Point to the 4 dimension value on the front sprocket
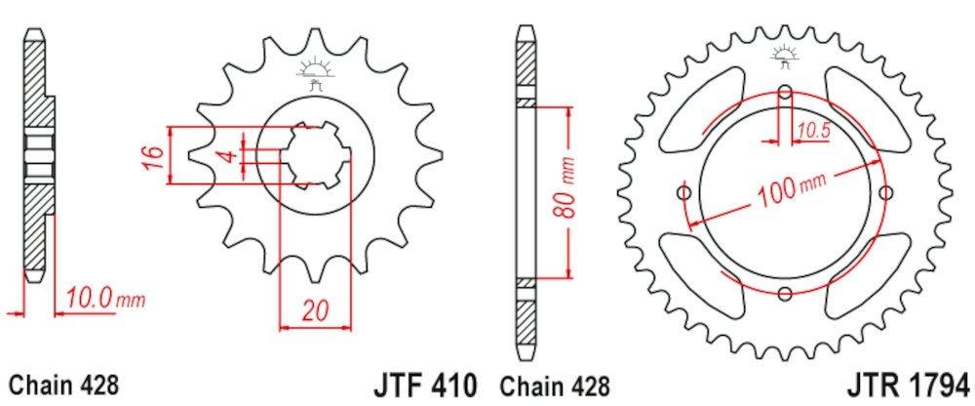[234, 156]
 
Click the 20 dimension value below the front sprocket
[314, 311]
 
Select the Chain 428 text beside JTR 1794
[555, 383]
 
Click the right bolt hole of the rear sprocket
[885, 192]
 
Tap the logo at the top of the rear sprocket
[786, 54]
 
